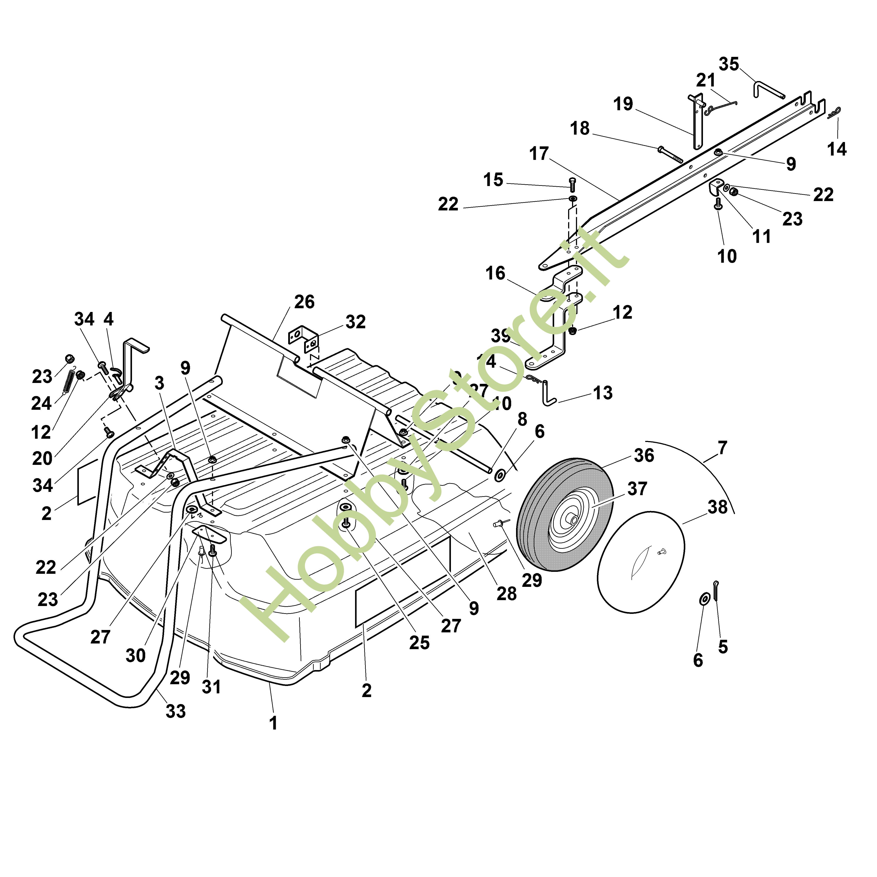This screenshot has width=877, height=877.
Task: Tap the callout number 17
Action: coord(539,154)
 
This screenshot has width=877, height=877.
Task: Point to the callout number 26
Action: coord(304,302)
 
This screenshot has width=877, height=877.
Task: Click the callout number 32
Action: coord(356,322)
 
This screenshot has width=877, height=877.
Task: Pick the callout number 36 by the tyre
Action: coord(644,455)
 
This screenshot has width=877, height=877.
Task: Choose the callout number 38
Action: coord(717,507)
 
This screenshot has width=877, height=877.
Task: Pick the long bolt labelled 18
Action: coord(670,154)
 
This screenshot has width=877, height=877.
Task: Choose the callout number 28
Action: coord(507,594)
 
